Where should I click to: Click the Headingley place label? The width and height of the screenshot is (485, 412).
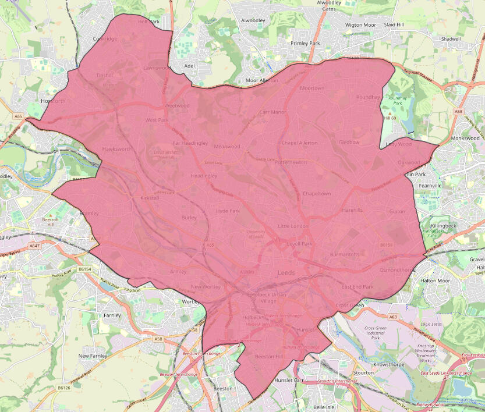204,176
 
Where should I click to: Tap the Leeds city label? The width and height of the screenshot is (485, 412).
286,272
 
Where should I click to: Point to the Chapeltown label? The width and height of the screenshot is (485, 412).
317,194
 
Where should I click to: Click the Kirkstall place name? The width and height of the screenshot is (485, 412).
150,198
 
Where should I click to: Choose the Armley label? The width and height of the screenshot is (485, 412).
178,272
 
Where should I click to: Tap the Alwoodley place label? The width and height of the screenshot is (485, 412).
253,20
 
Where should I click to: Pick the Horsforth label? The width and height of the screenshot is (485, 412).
54,101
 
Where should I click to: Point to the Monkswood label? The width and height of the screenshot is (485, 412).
465,138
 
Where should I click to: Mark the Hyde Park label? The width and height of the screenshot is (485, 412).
228,211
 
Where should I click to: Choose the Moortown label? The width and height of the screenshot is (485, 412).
312,88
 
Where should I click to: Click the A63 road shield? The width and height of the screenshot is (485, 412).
394,317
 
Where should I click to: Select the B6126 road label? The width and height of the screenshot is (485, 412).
64,387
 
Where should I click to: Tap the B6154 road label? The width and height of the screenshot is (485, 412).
85,269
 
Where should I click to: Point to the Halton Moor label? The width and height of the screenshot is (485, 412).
436,280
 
